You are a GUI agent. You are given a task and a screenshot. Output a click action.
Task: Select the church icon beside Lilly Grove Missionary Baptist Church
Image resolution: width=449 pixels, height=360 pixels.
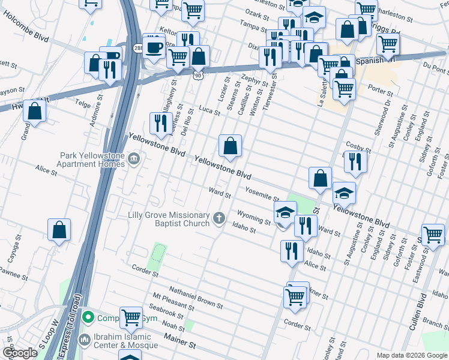220,218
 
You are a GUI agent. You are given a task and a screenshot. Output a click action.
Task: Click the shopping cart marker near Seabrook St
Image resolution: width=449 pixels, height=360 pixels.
131,318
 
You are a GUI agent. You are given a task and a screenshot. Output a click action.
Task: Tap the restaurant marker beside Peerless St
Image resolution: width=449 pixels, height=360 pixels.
160,124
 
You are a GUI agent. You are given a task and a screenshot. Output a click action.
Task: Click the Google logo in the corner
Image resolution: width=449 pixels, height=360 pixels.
20,353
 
